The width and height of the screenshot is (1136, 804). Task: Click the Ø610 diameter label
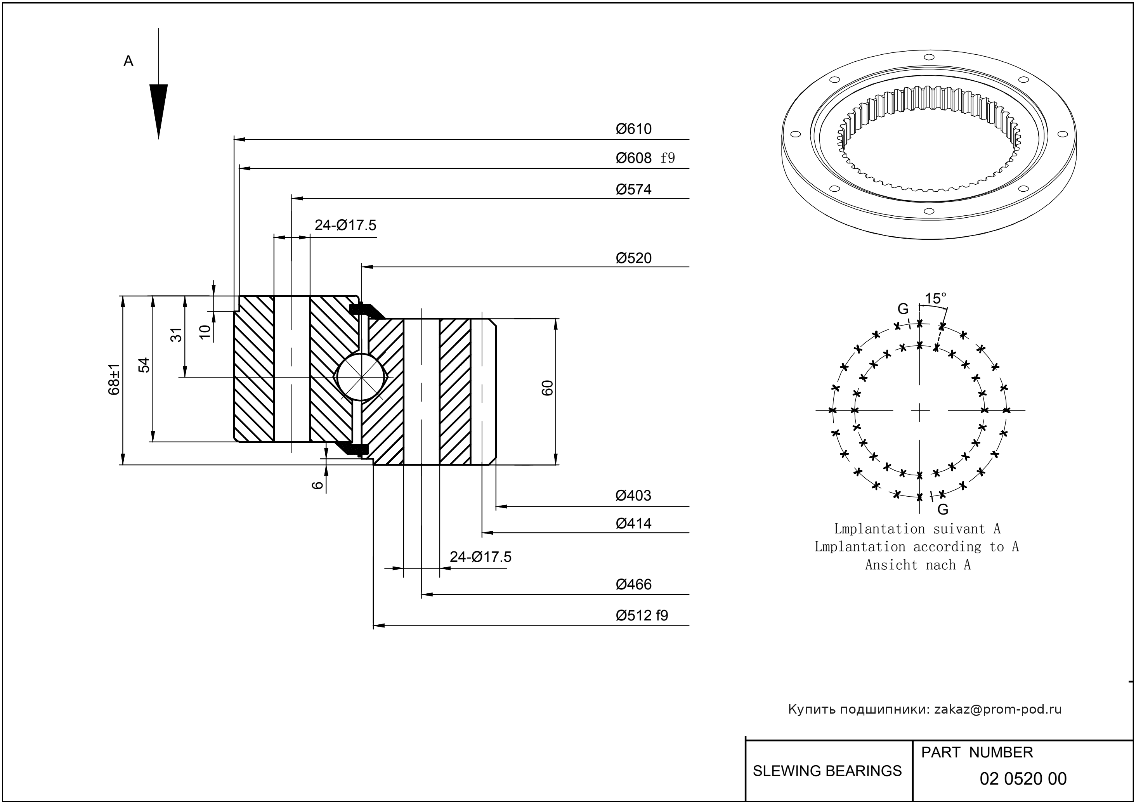(633, 129)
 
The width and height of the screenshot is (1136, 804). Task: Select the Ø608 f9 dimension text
(645, 158)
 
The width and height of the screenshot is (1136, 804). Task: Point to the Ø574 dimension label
(633, 190)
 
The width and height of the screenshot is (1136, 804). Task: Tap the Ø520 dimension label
(633, 258)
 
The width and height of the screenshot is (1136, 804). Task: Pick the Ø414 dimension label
(633, 523)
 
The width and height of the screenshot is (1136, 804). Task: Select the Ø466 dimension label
(633, 585)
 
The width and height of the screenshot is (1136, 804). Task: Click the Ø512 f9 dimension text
(642, 615)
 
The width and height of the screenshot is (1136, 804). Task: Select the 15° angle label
(935, 298)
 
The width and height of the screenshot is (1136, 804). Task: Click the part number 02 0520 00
(1023, 779)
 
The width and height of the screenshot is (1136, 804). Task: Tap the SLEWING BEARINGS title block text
(827, 771)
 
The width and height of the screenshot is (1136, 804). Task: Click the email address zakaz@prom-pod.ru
(997, 709)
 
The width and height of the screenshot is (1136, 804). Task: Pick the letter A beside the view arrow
(128, 61)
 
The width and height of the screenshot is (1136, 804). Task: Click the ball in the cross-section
(361, 377)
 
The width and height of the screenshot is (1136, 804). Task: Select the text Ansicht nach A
(917, 565)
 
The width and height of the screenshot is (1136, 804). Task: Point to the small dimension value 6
(317, 485)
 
